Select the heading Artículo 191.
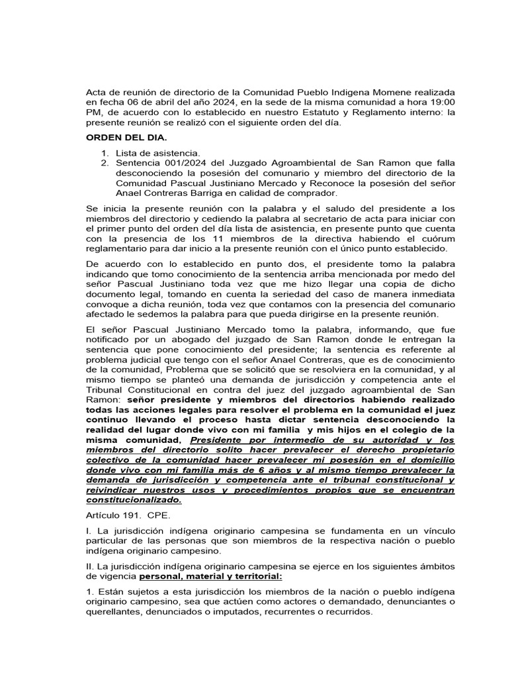(x=112, y=514)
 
